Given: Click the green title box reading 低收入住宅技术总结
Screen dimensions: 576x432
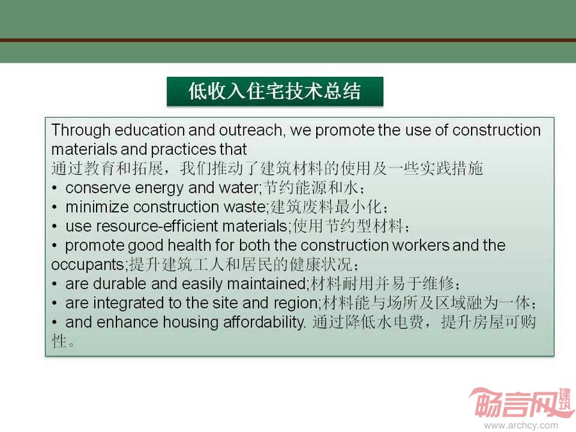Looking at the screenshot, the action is [x=275, y=92].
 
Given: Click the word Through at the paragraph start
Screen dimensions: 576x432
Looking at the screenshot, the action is [x=81, y=131].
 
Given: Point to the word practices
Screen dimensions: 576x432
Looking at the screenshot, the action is [x=183, y=150].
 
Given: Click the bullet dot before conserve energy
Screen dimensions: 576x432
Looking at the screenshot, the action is [x=54, y=188].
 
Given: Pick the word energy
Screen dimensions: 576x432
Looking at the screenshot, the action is [x=159, y=188].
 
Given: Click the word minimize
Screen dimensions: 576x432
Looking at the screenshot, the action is [x=97, y=207].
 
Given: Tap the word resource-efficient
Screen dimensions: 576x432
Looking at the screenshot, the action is [x=157, y=226].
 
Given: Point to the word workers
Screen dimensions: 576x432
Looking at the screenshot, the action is [x=421, y=245].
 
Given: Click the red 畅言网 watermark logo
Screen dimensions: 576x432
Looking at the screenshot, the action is [x=522, y=403].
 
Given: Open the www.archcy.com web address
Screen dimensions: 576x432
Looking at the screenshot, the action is [x=521, y=426].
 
